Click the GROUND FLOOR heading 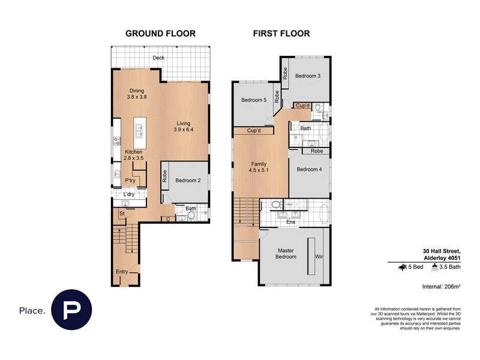click(160, 34)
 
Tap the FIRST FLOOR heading click(281, 34)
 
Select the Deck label click(158, 58)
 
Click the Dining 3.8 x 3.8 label click(137, 94)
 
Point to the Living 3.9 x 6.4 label click(184, 127)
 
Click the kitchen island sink click(139, 131)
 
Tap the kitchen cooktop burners click(117, 141)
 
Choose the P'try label click(130, 181)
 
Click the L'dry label click(129, 194)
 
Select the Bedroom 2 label click(188, 181)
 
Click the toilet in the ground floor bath click(191, 216)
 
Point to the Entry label click(122, 272)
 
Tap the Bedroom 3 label click(308, 76)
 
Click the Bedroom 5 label click(254, 100)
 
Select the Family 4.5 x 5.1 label click(259, 167)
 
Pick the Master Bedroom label click(286, 253)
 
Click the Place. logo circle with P click(71, 310)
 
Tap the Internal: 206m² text click(442, 287)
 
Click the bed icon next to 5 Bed click(402, 267)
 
